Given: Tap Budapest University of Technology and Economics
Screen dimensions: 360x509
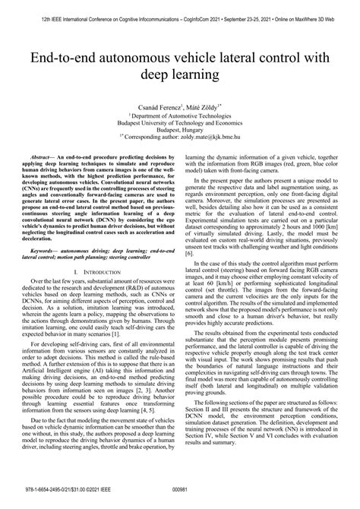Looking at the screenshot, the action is (180, 125).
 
